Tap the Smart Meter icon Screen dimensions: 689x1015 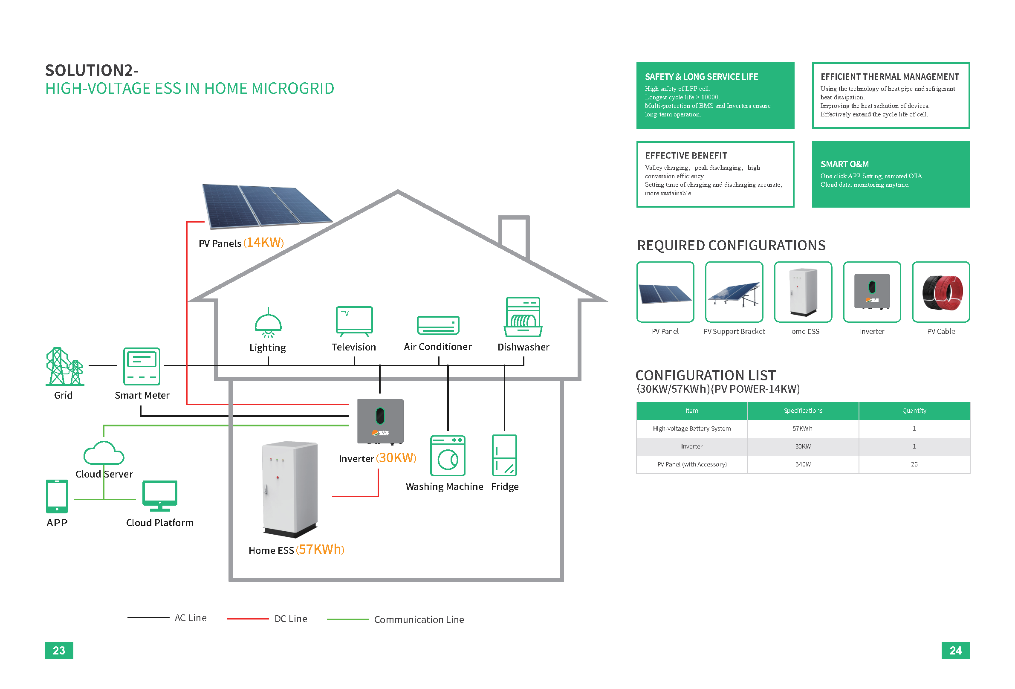[x=142, y=366]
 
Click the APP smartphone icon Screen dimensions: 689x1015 [x=57, y=496]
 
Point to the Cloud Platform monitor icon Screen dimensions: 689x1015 [x=160, y=496]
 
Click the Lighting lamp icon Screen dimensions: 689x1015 [x=268, y=324]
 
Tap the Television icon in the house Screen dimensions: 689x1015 [x=354, y=321]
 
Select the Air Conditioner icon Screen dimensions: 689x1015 [x=438, y=325]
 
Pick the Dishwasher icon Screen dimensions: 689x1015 [x=523, y=317]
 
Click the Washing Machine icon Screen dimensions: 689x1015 [x=448, y=455]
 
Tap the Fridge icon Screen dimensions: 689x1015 [x=504, y=455]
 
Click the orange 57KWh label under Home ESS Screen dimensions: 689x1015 [x=320, y=550]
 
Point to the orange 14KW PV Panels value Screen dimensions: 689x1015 [x=264, y=243]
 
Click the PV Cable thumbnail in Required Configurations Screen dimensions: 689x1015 [x=941, y=292]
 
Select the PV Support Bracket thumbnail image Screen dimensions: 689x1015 [x=734, y=292]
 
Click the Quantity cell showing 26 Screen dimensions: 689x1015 [x=914, y=464]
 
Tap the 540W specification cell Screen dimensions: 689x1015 [x=803, y=464]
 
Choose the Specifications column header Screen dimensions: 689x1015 [x=803, y=411]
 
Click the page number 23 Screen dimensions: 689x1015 [x=59, y=650]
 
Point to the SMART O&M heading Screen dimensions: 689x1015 [x=844, y=164]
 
